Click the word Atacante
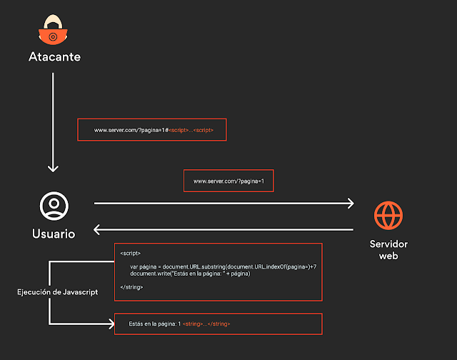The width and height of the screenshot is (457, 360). point(55,57)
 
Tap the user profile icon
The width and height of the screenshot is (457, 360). point(54,206)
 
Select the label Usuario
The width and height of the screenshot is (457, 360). point(54,234)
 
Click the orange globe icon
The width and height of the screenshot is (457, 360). point(388,216)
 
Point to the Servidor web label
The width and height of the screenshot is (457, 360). point(388,250)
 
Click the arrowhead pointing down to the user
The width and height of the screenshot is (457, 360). point(53,169)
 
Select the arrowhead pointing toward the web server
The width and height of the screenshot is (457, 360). point(351,203)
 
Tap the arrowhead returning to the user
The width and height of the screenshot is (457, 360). point(97,230)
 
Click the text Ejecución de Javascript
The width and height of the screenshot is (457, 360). point(57,292)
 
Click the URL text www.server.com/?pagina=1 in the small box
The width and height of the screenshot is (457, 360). point(228,181)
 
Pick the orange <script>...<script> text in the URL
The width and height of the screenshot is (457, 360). point(191,130)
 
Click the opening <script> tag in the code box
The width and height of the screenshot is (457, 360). point(130,254)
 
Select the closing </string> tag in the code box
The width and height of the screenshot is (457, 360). point(131,287)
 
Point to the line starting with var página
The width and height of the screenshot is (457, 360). point(224,266)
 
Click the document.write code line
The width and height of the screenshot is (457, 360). point(190,274)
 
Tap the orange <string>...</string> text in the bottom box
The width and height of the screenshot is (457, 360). point(206,324)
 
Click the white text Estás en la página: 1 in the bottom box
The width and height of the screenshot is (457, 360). point(155,324)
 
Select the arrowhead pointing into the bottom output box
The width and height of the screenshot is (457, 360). point(111,324)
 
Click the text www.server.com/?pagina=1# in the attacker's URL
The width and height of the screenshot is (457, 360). point(131,130)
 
